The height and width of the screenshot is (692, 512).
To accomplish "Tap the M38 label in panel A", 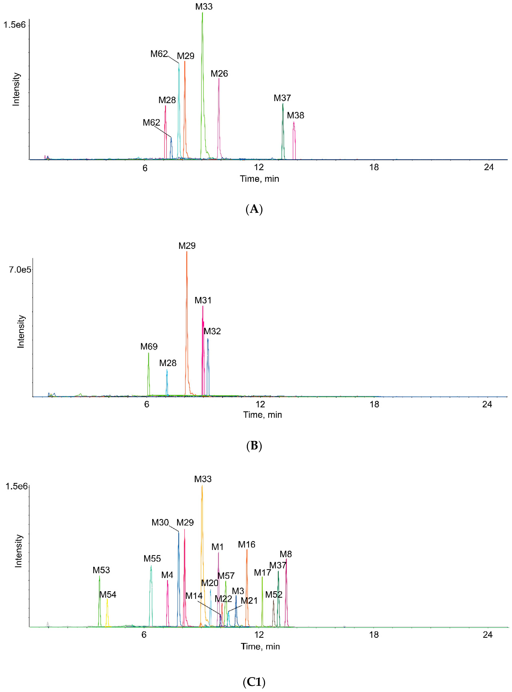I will [295, 116].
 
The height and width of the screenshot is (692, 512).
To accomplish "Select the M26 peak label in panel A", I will [219, 74].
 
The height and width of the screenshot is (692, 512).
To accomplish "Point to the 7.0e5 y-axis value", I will [20, 270].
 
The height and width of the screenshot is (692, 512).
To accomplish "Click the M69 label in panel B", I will [149, 347].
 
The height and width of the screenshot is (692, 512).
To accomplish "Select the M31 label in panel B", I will [203, 301].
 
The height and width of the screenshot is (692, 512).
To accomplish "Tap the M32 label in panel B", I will [212, 331].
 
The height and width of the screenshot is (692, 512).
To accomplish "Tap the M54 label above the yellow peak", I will [107, 595].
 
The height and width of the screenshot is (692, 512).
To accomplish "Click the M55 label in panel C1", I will [152, 559].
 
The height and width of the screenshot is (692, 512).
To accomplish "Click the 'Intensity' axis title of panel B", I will [21, 332].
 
